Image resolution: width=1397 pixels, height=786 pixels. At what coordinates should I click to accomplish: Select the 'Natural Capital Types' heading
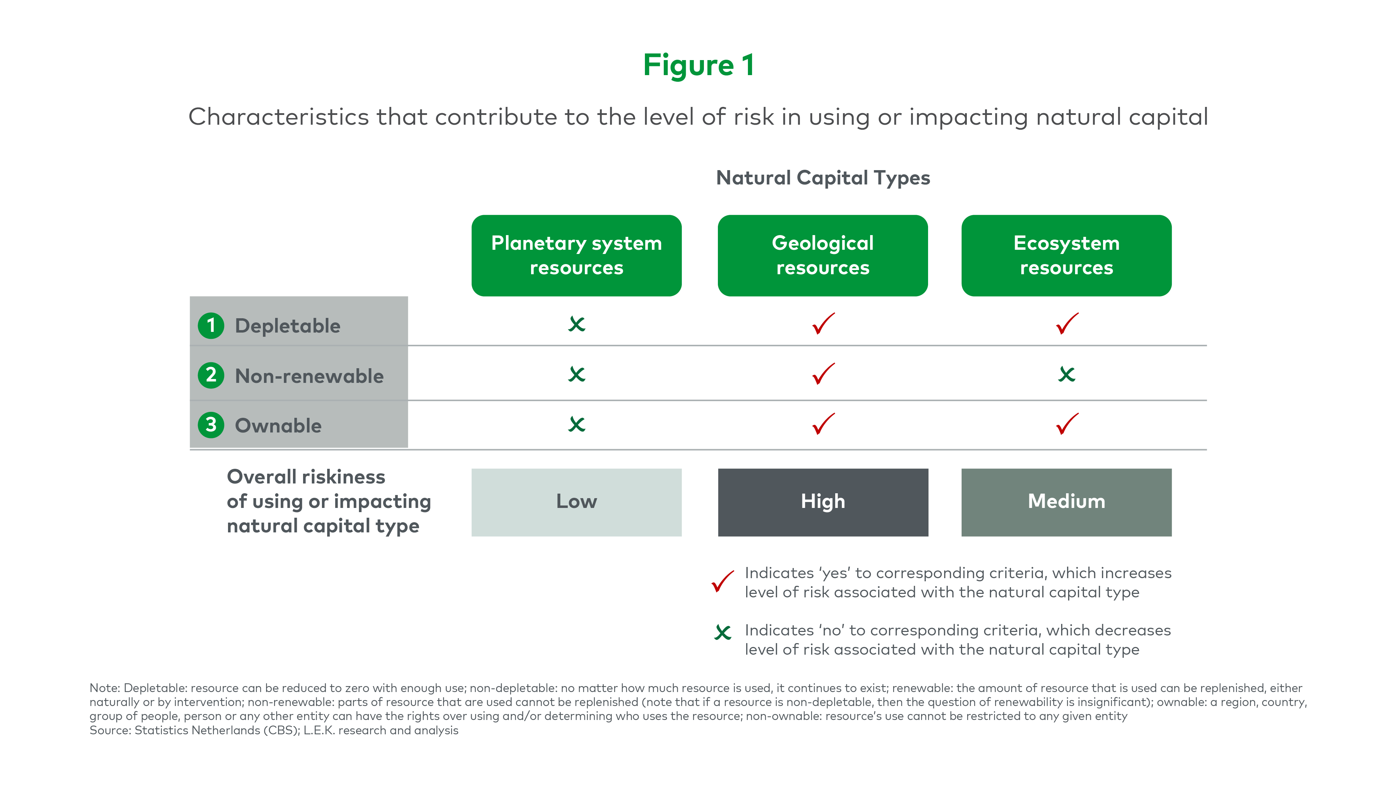823,178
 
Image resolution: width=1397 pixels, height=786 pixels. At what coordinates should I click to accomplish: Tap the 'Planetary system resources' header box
576,255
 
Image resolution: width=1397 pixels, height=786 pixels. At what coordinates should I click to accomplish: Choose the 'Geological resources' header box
823,255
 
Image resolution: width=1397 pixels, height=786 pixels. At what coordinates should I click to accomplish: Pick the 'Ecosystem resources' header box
1066,255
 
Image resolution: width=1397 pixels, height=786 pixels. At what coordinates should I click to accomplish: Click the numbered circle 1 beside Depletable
211,326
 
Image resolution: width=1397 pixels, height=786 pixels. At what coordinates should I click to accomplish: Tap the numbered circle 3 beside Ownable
211,425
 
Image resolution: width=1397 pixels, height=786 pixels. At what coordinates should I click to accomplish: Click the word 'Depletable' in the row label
287,326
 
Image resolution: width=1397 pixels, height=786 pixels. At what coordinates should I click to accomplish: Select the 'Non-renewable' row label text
309,376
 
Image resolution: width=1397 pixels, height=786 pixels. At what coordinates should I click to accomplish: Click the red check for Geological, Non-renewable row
823,374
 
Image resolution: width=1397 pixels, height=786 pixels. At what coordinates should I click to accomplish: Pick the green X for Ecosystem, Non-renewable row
1067,374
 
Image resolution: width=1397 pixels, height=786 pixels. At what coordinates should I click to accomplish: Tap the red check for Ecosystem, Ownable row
1067,424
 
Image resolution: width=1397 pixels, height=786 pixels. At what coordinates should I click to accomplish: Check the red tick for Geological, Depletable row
823,324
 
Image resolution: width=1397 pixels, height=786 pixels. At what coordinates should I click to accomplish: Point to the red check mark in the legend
723,582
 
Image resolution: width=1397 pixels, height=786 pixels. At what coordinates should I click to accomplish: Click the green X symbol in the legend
723,632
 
